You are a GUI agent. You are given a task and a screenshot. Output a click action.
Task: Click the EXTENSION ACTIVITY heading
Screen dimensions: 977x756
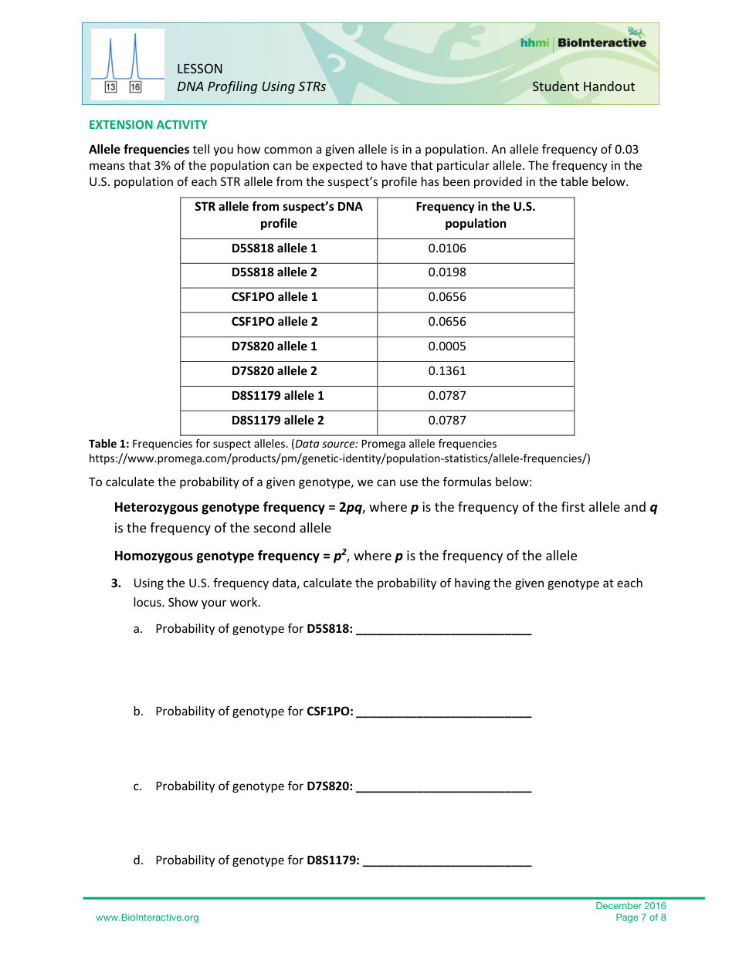[x=147, y=125]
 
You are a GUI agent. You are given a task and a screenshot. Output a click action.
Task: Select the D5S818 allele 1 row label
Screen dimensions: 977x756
[x=274, y=248]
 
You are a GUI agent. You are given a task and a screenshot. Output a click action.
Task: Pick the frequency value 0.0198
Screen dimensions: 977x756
[x=447, y=272]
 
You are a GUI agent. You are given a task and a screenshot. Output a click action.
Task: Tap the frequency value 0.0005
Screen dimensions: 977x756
[x=447, y=347]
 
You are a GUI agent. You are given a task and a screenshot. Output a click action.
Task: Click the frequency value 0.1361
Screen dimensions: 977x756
[x=447, y=371]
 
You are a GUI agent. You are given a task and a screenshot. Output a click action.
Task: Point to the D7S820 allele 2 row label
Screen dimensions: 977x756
[x=274, y=371]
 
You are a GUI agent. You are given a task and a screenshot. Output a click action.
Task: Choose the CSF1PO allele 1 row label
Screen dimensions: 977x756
[x=274, y=297]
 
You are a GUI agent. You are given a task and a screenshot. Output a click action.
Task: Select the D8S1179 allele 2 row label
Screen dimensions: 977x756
[x=277, y=421]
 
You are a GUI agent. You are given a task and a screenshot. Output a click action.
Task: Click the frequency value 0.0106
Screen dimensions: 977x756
[x=447, y=248]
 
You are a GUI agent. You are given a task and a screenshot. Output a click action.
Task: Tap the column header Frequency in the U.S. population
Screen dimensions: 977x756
[x=475, y=215]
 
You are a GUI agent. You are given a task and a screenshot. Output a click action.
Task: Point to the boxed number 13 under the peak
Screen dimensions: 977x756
[x=110, y=87]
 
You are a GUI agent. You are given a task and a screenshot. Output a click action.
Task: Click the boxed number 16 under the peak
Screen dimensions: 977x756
[x=135, y=87]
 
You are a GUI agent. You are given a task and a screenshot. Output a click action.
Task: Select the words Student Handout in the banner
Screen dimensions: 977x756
[x=583, y=87]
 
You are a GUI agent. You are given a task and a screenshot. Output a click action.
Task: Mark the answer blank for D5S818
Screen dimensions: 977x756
[x=444, y=630]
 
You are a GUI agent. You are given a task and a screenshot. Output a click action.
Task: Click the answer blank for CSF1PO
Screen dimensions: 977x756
[x=444, y=712]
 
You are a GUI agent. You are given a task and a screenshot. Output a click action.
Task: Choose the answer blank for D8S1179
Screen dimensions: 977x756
[x=447, y=861]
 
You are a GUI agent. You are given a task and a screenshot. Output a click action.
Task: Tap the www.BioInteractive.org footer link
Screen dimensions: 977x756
[x=147, y=918]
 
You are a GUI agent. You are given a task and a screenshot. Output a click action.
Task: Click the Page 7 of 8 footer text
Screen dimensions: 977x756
[x=640, y=918]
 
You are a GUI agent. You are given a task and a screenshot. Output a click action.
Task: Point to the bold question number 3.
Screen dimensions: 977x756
[x=117, y=583]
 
